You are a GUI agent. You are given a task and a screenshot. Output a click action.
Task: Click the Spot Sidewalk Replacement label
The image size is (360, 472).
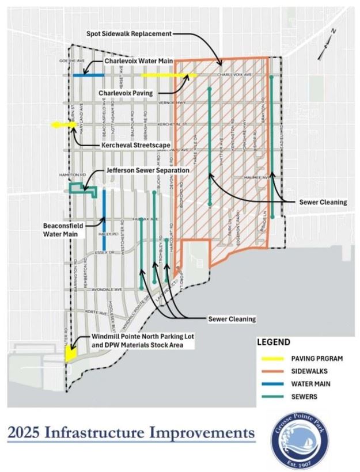130,34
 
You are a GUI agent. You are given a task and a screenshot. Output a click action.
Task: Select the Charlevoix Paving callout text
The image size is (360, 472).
127,92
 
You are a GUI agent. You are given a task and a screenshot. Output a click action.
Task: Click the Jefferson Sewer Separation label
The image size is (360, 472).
149,172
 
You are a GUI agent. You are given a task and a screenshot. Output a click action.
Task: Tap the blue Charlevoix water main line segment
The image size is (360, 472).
88,75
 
